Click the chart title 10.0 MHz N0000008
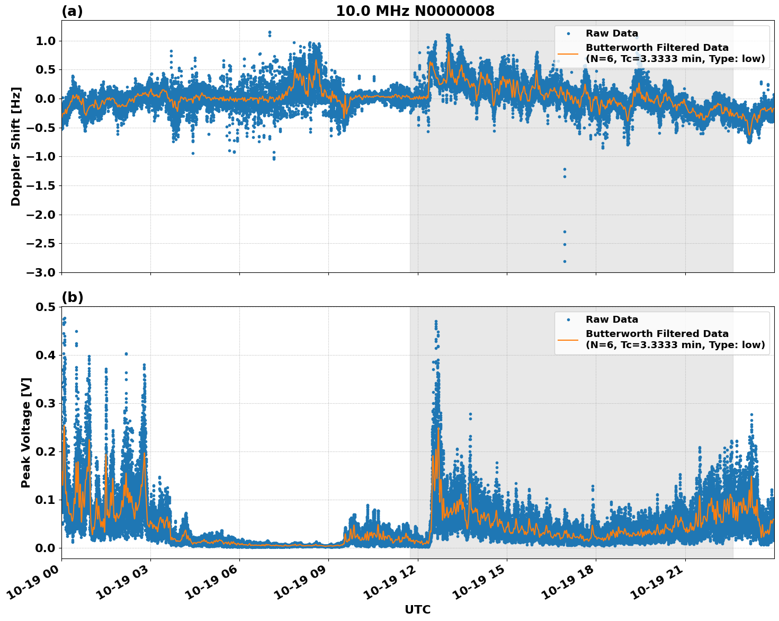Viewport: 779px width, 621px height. point(415,11)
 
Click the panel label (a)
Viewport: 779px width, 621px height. point(72,11)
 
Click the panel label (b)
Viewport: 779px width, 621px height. point(72,297)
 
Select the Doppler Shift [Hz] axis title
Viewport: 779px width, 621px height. point(16,146)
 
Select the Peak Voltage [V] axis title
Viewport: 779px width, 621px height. point(25,432)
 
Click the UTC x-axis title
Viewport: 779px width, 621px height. point(417,609)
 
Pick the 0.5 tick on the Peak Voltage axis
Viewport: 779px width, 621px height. point(46,307)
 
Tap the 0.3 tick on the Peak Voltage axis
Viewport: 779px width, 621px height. point(46,403)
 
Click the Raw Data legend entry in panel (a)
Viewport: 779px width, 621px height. point(612,33)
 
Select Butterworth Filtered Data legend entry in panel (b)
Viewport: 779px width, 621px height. point(675,339)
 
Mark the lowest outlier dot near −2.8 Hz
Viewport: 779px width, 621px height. point(565,261)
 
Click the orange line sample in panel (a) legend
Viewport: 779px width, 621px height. point(568,54)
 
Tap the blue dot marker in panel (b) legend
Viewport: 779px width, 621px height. point(568,320)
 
